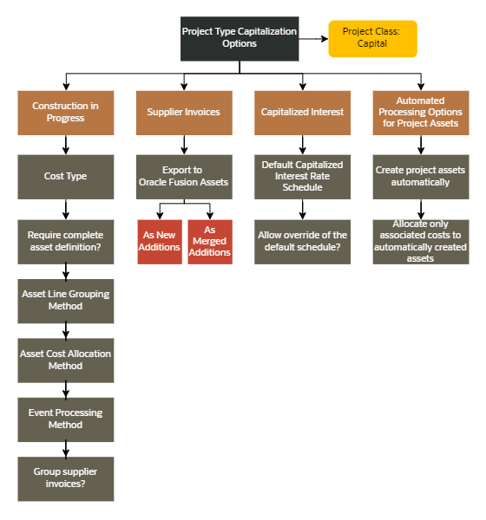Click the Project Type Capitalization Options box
(x=239, y=38)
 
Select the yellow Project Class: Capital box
(x=372, y=38)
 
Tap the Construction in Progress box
(x=65, y=112)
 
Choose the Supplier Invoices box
(x=183, y=112)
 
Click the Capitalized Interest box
(x=302, y=112)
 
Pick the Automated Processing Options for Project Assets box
(x=420, y=112)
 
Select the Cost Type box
(x=65, y=177)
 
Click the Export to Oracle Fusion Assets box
(x=183, y=177)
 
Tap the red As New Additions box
(x=160, y=242)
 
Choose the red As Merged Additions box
(x=209, y=242)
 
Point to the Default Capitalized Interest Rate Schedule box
(x=302, y=177)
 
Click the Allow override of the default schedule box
(x=302, y=242)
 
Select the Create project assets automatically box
(x=420, y=177)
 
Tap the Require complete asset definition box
(x=65, y=242)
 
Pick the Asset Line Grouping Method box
(x=65, y=301)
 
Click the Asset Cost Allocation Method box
(x=65, y=361)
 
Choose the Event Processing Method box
(x=65, y=419)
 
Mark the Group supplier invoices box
(x=65, y=478)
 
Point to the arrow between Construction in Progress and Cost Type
(x=65, y=145)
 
